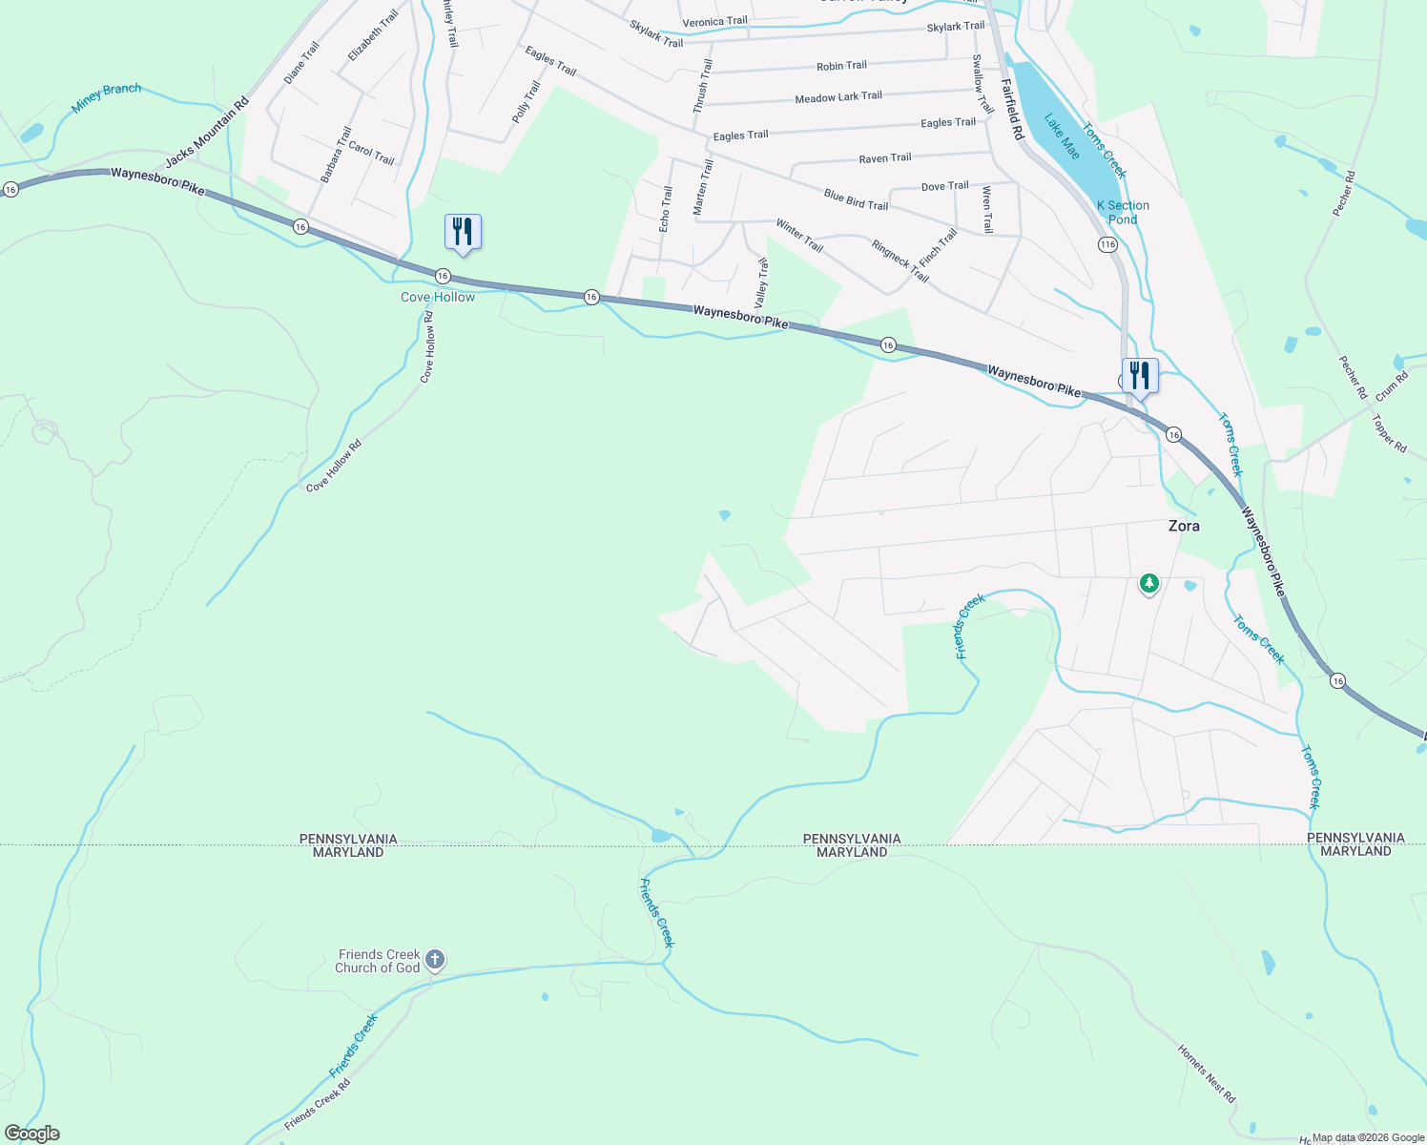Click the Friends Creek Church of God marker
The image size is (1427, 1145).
tap(435, 959)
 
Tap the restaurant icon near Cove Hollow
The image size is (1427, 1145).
tap(463, 232)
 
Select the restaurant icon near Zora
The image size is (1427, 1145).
tap(1140, 375)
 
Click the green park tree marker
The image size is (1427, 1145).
tap(1149, 582)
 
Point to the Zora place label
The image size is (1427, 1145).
tap(1184, 526)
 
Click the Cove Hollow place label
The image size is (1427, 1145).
tap(438, 297)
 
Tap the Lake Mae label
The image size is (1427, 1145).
tap(1061, 136)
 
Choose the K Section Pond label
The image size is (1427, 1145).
tap(1123, 212)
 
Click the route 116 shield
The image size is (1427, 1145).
tap(1106, 245)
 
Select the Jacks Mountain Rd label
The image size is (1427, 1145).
tap(207, 133)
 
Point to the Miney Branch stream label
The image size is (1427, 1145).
tap(107, 96)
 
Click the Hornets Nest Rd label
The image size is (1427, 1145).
tap(1206, 1073)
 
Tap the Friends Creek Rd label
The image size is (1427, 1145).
tap(317, 1105)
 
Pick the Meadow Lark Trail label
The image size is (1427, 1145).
tap(838, 97)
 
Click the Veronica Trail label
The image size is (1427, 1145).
tap(714, 22)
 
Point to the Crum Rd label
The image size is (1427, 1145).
tap(1391, 389)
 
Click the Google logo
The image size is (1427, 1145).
tap(31, 1134)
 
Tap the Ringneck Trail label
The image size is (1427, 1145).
tap(900, 260)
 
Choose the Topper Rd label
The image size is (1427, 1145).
tap(1389, 433)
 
